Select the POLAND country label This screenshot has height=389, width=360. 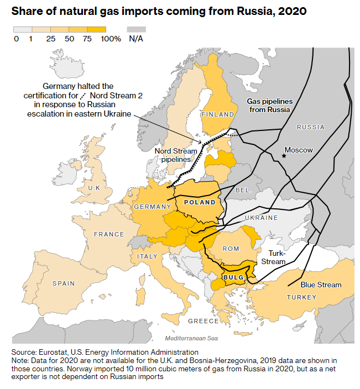click(x=200, y=202)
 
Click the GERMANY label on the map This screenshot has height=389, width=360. click(x=152, y=207)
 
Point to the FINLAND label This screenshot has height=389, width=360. click(x=217, y=114)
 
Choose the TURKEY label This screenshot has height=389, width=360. click(x=301, y=297)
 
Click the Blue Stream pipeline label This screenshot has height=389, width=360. click(x=321, y=285)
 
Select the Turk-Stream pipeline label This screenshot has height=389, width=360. click(x=274, y=257)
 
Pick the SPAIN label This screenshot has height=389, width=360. click(x=64, y=283)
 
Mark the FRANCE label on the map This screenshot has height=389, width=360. click(x=109, y=234)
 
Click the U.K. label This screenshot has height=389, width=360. click(x=97, y=188)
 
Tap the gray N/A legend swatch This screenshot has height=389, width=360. click(x=136, y=29)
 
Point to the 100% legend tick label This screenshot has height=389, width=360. click(x=111, y=39)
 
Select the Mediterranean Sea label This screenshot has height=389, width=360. click(x=191, y=338)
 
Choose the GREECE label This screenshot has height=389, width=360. click(x=203, y=321)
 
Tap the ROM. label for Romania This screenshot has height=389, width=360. click(x=232, y=249)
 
